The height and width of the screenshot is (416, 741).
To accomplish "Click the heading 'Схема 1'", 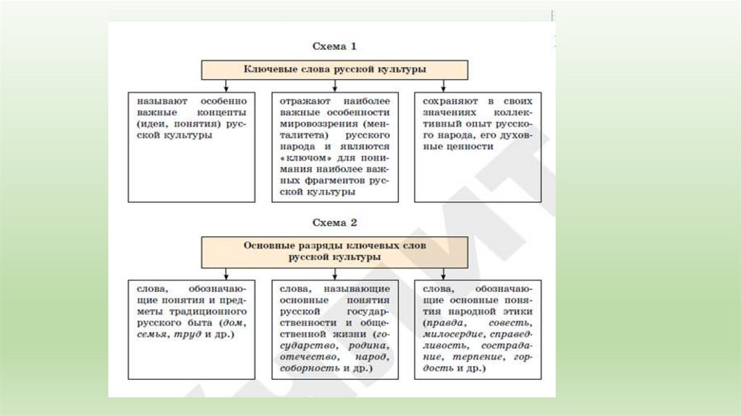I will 334,47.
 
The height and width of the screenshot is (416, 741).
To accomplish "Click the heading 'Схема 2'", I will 334,222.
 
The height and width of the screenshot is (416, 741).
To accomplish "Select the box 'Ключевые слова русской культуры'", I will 334,70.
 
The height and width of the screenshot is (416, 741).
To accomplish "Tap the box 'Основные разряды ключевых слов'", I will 334,251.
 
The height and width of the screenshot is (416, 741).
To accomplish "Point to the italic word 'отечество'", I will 302,357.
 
